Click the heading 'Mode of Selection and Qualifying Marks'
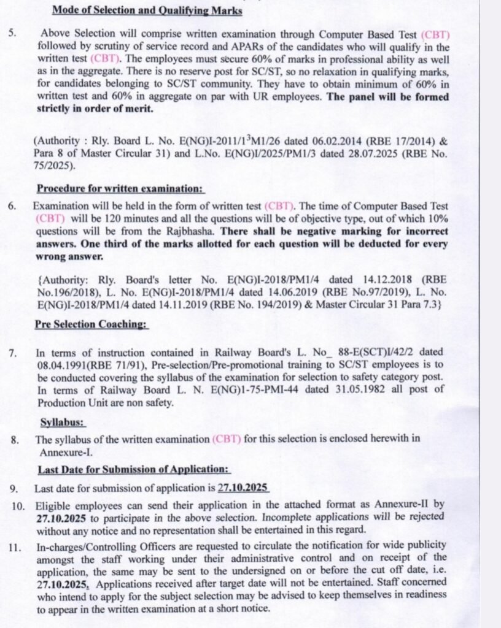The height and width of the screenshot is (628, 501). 147,10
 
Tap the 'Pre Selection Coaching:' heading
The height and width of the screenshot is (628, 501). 91,323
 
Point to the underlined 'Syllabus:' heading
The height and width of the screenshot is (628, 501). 63,423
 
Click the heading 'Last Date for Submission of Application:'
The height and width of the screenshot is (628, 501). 133,469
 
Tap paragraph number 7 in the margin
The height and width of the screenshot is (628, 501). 13,353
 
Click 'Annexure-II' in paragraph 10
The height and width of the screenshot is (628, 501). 406,505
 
